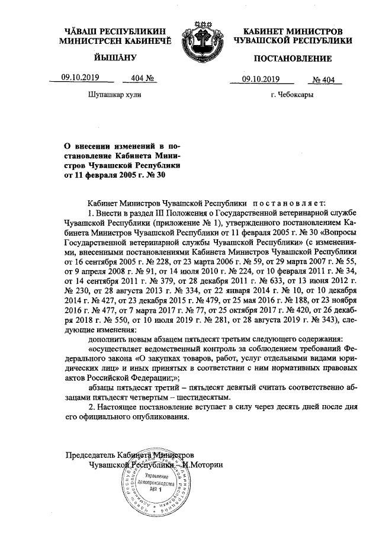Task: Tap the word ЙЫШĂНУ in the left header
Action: pos(115,58)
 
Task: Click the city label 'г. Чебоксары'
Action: pos(292,95)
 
